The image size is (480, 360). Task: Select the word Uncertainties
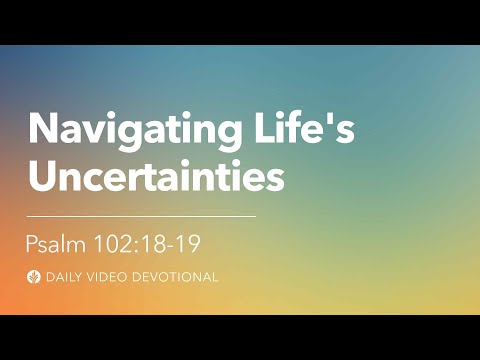(x=156, y=176)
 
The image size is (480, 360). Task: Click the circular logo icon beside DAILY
(x=35, y=277)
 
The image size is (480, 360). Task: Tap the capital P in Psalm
(x=32, y=243)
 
